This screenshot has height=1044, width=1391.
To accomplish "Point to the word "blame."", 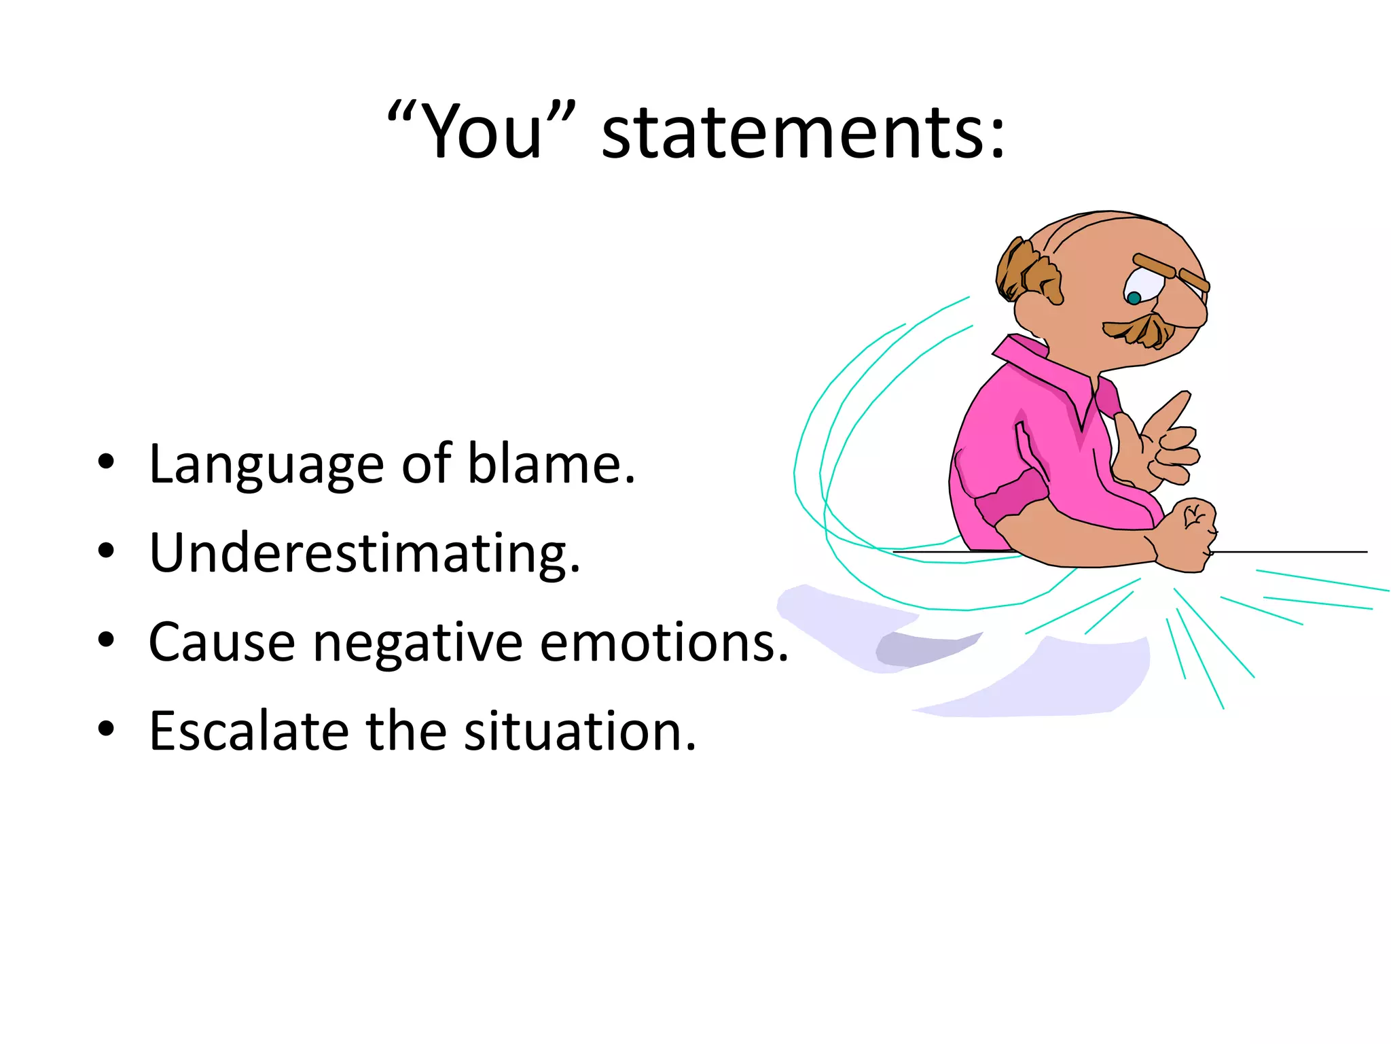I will (x=552, y=464).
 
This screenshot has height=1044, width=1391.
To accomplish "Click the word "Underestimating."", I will (x=365, y=554).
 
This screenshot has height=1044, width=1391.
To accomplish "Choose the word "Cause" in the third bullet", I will (x=221, y=642).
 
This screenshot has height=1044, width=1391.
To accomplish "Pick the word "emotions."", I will (x=664, y=642).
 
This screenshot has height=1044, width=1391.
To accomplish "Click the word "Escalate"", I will (x=249, y=731).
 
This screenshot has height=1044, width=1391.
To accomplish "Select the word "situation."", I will (x=580, y=731).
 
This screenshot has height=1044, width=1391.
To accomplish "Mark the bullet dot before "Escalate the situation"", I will (x=106, y=729).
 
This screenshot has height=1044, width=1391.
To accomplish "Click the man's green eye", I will (x=1134, y=298).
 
